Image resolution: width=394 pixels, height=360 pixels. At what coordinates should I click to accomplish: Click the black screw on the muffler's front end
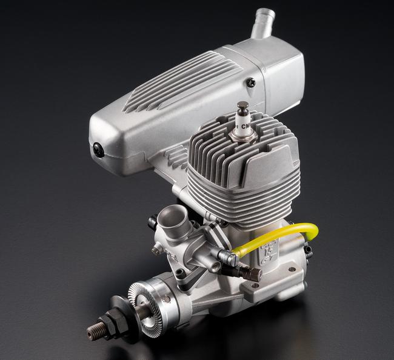coord(98,150)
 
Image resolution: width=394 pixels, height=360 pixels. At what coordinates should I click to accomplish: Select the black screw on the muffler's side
coord(251,82)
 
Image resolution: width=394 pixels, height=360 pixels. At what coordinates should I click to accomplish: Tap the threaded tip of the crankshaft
coord(95,331)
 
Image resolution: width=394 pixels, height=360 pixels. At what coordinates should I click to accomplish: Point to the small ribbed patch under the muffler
coord(176,159)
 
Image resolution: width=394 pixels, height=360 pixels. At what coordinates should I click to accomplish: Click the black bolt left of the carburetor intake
coord(152,222)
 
